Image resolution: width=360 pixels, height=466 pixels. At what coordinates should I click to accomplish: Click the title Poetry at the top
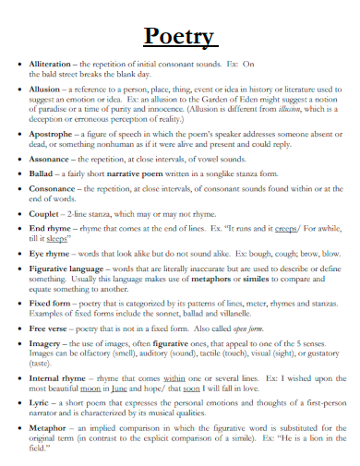(x=181, y=36)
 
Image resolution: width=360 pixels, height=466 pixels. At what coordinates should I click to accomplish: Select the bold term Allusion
(x=47, y=89)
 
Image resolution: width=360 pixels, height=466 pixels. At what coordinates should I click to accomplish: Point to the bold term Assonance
(x=51, y=159)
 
